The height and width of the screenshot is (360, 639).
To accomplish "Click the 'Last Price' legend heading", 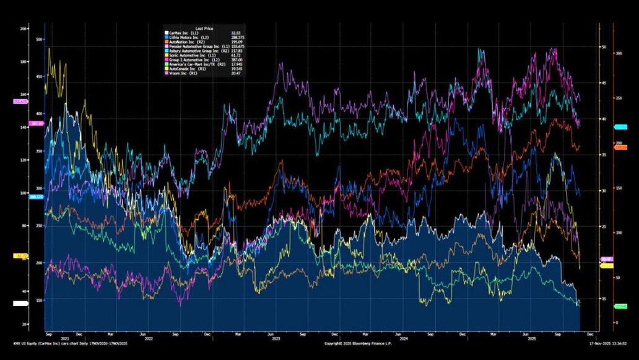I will pos(204,28).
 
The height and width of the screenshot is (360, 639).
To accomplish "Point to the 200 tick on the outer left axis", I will pos(24,29).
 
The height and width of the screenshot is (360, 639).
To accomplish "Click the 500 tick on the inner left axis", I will pos(39,40).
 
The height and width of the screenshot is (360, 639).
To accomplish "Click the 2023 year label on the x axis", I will pos(276,339).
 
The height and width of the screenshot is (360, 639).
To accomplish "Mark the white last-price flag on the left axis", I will pos(20,304).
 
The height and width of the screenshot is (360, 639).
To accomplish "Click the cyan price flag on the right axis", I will pos(620,127).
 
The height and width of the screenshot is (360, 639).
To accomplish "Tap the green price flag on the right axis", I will pos(620,306).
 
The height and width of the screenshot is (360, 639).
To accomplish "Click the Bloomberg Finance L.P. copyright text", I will pos(360,343).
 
